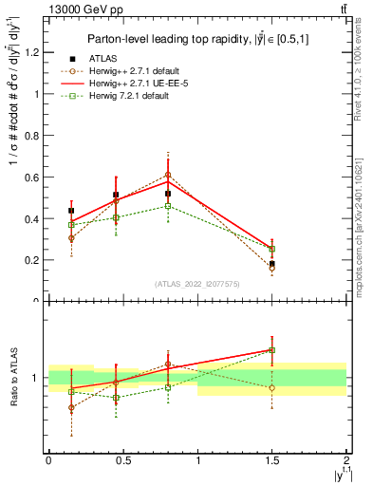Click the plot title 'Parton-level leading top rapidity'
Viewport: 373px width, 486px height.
(x=195, y=39)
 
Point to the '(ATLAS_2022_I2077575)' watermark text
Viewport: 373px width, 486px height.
(x=196, y=283)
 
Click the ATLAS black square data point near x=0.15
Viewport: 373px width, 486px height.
(x=71, y=211)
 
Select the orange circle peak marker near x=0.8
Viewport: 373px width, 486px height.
(x=168, y=175)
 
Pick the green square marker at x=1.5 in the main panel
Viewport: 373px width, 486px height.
(x=272, y=249)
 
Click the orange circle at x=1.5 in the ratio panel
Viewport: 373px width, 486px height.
(x=272, y=387)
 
